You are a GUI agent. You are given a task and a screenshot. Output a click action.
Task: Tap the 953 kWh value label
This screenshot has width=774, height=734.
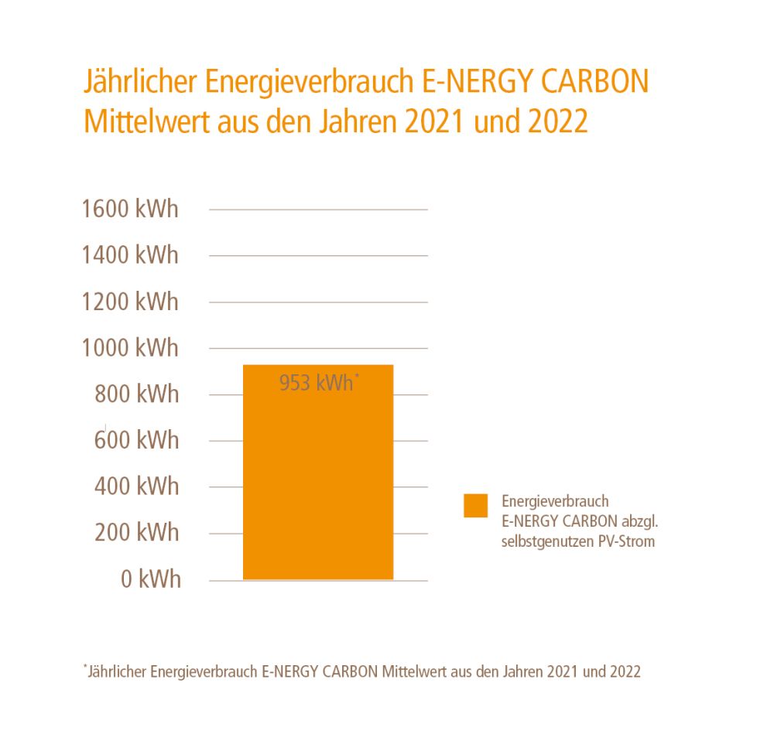pyautogui.click(x=317, y=382)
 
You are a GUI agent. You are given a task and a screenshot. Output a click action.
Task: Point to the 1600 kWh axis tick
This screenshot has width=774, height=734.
pyautogui.click(x=130, y=209)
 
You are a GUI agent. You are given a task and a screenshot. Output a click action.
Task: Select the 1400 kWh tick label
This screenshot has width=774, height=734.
pyautogui.click(x=130, y=255)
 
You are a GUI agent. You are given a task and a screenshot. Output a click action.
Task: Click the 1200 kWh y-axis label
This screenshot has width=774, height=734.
pyautogui.click(x=130, y=302)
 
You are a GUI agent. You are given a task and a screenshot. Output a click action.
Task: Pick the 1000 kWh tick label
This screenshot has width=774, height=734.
pyautogui.click(x=130, y=348)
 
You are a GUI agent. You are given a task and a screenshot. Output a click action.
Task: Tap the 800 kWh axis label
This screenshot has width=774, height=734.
pyautogui.click(x=136, y=394)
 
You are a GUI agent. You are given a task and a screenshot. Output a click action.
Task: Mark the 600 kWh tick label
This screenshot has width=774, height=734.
pyautogui.click(x=136, y=440)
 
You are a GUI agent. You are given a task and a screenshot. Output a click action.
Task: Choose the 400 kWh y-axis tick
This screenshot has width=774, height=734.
pyautogui.click(x=136, y=486)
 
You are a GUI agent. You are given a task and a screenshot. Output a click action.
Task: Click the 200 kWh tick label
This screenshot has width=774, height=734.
pyautogui.click(x=136, y=533)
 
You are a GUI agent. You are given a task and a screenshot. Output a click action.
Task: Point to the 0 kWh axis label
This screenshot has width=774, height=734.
pyautogui.click(x=151, y=579)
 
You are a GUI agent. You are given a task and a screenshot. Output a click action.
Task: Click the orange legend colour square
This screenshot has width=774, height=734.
pyautogui.click(x=476, y=505)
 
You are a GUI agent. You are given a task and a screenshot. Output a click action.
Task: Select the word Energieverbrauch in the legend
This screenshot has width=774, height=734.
pyautogui.click(x=555, y=502)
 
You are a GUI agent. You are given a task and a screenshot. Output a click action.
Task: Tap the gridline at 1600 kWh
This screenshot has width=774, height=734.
pyautogui.click(x=318, y=210)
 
